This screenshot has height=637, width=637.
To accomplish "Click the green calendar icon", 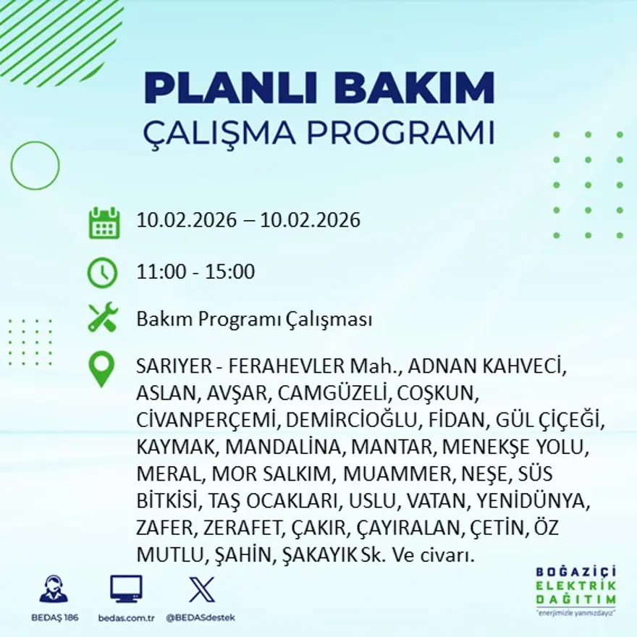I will point(104,222).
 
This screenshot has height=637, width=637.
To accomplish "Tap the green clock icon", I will point(102,273).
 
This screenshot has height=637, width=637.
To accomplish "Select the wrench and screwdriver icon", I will point(102,318).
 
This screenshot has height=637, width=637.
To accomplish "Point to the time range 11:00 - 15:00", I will point(195,272).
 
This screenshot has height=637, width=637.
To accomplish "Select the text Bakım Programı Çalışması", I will point(254,319).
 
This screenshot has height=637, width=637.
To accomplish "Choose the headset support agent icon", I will point(54,589).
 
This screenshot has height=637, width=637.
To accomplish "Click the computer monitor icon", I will point(126,589).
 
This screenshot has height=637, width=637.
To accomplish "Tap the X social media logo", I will point(201,589).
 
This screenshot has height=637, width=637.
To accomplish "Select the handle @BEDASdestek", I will point(201,617).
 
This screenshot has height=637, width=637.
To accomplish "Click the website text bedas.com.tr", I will point(126,617).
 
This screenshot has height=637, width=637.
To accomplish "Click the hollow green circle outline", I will point(35,166).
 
